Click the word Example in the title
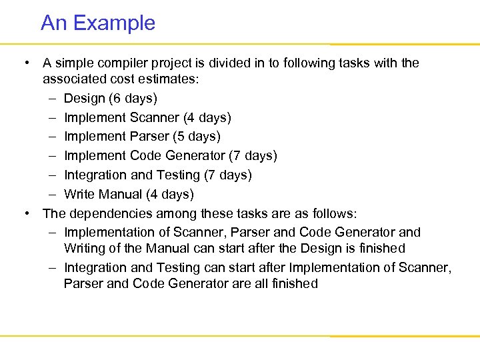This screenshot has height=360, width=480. pyautogui.click(x=114, y=23)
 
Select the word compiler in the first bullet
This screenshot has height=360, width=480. pyautogui.click(x=127, y=63)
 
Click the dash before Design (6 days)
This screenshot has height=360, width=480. pyautogui.click(x=52, y=99)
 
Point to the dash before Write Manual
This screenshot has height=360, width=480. pyautogui.click(x=52, y=195)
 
